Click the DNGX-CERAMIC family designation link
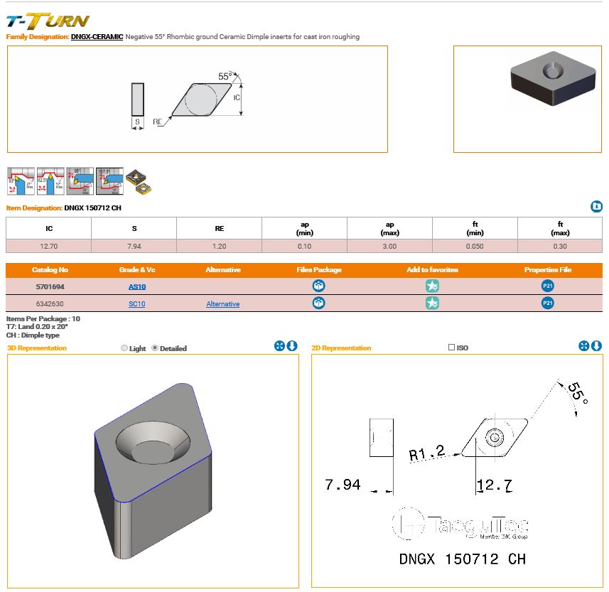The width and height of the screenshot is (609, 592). (x=97, y=36)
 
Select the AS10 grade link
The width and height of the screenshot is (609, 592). (x=136, y=286)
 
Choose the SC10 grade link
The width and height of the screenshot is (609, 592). (x=136, y=303)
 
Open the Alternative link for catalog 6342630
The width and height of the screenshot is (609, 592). (x=222, y=303)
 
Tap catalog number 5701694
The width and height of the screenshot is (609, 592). (x=49, y=286)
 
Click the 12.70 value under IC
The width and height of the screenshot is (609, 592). (x=48, y=246)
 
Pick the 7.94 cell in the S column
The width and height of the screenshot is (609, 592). (x=134, y=246)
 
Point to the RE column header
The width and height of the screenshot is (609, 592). (x=219, y=228)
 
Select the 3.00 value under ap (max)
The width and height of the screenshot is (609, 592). (x=389, y=246)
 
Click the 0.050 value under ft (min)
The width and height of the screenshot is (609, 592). (x=475, y=246)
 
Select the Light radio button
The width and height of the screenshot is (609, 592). (x=125, y=348)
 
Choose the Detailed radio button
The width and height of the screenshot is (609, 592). (x=156, y=348)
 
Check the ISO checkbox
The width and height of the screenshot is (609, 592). (x=452, y=348)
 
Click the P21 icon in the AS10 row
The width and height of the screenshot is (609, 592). (x=547, y=286)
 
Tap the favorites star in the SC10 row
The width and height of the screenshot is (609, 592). (x=432, y=303)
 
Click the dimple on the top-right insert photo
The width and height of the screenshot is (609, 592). (x=550, y=72)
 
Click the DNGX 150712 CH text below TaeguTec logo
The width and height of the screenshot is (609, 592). (x=461, y=559)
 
